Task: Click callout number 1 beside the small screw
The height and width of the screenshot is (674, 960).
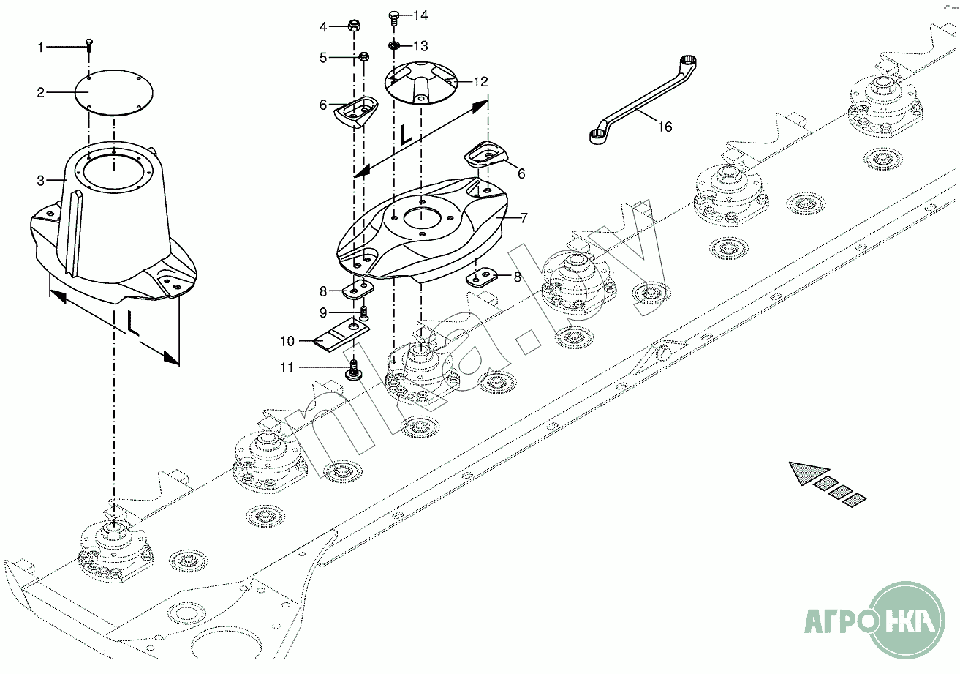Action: [x=41, y=48]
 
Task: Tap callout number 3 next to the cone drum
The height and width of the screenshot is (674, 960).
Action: [x=41, y=180]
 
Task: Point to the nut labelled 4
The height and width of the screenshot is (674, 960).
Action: [x=353, y=27]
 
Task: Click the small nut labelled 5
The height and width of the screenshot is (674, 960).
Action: [x=363, y=56]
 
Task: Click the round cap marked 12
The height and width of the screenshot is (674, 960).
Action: [x=420, y=80]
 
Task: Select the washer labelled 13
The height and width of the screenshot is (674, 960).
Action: [x=393, y=47]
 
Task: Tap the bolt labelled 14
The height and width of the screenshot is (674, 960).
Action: [x=393, y=16]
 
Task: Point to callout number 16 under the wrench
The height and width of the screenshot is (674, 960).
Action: [x=664, y=127]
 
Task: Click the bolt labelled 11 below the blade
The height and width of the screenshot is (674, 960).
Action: [x=354, y=370]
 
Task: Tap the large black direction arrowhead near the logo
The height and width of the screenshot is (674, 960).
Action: [x=807, y=471]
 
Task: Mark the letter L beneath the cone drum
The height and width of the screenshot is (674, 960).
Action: [x=133, y=322]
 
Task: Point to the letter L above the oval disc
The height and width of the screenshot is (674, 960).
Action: [x=407, y=134]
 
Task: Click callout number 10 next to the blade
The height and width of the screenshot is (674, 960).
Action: [x=287, y=341]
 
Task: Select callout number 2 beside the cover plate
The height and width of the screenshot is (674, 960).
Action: [x=41, y=92]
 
